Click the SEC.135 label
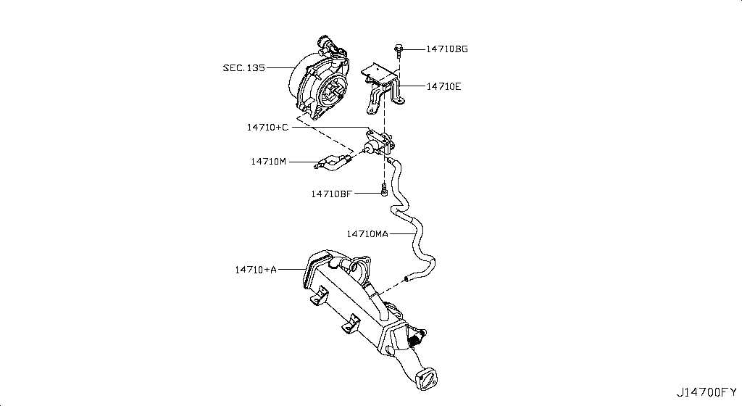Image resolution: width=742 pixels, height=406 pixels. coord(243,67)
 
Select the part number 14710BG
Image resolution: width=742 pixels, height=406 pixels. coord(446,49)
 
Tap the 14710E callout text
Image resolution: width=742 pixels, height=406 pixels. coord(443,86)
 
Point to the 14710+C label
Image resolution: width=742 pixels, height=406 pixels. coord(267,127)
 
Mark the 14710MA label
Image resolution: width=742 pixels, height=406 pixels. coord(367,233)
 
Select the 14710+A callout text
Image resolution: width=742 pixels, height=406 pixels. coord(255,270)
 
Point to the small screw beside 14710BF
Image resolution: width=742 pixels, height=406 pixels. coord(385,191)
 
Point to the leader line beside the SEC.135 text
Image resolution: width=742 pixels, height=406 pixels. coord(279,67)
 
